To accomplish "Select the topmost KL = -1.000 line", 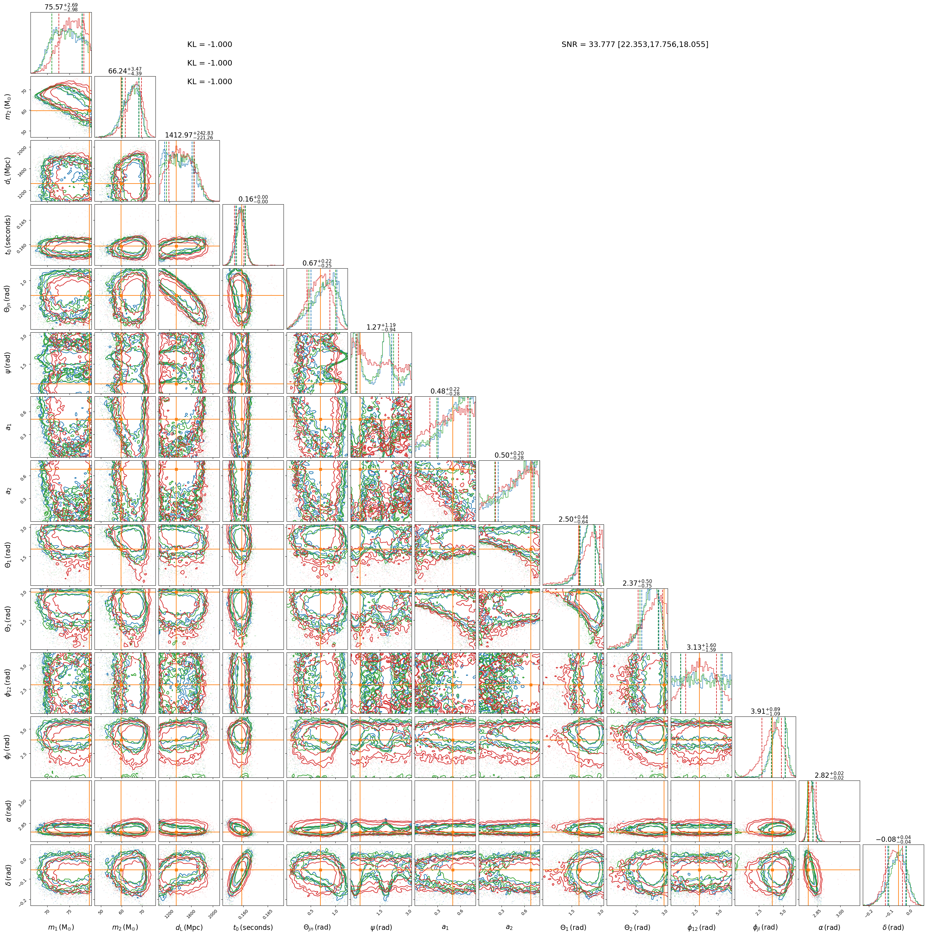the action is click(x=210, y=45).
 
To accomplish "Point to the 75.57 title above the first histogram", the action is click(x=61, y=7).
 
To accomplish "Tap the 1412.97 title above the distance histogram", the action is click(x=189, y=135).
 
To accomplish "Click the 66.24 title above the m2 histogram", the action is click(x=125, y=71).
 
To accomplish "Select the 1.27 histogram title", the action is click(x=381, y=327).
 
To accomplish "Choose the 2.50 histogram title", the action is click(x=573, y=519).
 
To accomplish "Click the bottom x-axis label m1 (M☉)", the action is click(x=61, y=927).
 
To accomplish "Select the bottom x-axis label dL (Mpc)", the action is click(x=189, y=927).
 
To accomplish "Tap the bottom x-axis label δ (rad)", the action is click(x=893, y=927).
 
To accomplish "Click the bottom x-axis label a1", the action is click(x=445, y=927).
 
